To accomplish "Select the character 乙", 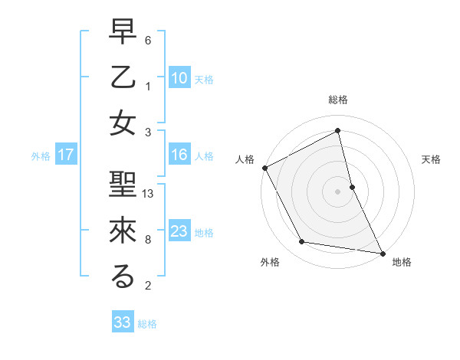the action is point(123,77).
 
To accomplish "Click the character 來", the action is point(123,231).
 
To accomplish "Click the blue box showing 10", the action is point(179,78).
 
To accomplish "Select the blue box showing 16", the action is point(179,155).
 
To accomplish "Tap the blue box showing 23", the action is point(179,231).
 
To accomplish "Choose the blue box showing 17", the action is point(66,155).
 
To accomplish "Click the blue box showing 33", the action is point(123,322).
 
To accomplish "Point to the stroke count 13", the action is point(149,194).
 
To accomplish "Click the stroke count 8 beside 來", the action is point(148,240).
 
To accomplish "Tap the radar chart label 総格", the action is point(338,100).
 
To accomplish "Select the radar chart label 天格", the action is point(432,159).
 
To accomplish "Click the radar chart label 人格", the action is point(245,159).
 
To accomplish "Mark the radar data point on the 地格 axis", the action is point(382,252).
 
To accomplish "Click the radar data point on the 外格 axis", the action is point(302,243).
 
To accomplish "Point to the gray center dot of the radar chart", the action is point(338,191).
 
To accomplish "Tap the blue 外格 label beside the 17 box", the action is point(41,156).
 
